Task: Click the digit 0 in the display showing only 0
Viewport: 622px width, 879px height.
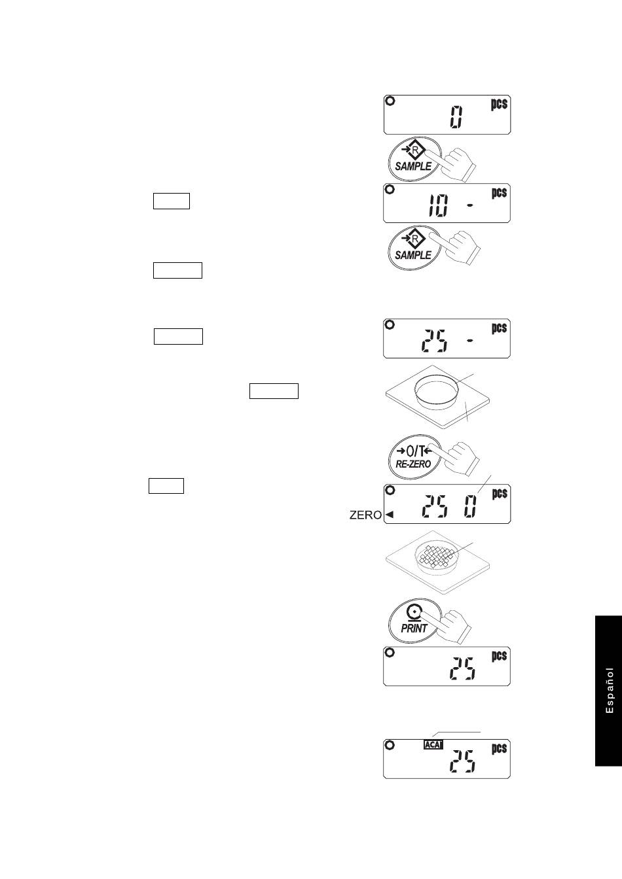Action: (456, 117)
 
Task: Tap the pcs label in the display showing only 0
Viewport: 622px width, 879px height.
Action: (499, 103)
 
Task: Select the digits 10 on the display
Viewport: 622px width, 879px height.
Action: (438, 205)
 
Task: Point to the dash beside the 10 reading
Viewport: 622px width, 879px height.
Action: (469, 205)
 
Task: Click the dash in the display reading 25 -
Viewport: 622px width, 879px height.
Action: (469, 341)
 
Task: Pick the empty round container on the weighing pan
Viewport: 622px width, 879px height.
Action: (436, 392)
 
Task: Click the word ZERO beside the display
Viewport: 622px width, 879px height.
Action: (365, 515)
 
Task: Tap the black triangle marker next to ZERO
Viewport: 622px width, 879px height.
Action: (390, 515)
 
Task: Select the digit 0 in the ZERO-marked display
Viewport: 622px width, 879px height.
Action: (470, 506)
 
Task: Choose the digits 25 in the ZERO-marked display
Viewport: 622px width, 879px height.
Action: (434, 506)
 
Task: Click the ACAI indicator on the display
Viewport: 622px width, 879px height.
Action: (433, 744)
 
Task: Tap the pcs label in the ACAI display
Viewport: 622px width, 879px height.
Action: (500, 749)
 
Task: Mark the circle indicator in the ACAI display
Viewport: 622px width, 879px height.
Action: (390, 745)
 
